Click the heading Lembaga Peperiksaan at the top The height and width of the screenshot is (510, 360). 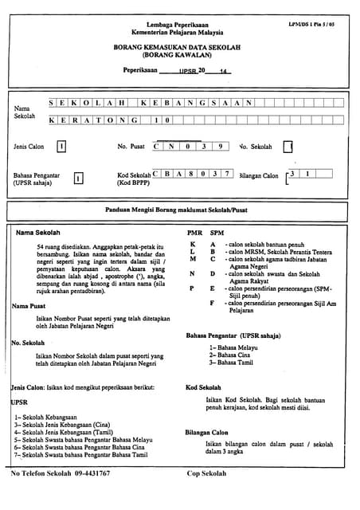click(x=179, y=25)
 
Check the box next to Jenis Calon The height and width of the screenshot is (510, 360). click(x=61, y=147)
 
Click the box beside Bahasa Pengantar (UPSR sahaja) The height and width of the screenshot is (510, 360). click(x=78, y=178)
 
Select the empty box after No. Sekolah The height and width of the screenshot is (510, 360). click(x=288, y=147)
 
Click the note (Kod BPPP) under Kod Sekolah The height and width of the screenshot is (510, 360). click(x=133, y=182)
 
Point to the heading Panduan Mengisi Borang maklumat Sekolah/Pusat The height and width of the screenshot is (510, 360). click(x=179, y=210)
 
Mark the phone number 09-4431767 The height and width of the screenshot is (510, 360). click(x=92, y=473)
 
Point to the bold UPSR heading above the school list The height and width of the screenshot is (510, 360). click(x=19, y=402)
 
